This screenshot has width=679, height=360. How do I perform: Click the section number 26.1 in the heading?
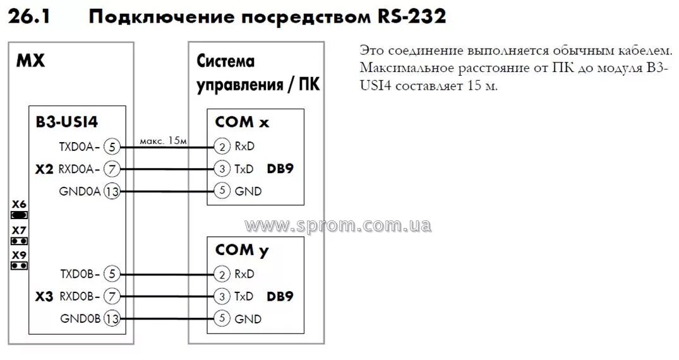29,16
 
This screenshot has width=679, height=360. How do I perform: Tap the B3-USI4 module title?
67,122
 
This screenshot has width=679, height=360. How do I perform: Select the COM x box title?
242,122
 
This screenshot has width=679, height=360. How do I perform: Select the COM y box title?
242,249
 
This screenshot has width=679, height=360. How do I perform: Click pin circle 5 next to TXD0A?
111,147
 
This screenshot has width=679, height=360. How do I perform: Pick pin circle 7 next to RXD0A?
111,169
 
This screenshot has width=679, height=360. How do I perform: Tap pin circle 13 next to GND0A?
111,192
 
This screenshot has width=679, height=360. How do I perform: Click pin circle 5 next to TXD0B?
111,274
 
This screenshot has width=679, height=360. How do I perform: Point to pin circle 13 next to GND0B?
111,319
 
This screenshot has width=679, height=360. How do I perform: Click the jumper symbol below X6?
20,215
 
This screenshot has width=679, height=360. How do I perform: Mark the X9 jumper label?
19,255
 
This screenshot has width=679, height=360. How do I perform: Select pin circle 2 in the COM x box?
222,147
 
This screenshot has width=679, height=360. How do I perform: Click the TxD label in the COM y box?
244,296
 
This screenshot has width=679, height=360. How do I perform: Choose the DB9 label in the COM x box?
280,169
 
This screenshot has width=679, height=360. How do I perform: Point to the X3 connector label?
45,296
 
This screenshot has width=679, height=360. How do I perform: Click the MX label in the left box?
30,62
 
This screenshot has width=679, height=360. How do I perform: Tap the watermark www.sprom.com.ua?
339,225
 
